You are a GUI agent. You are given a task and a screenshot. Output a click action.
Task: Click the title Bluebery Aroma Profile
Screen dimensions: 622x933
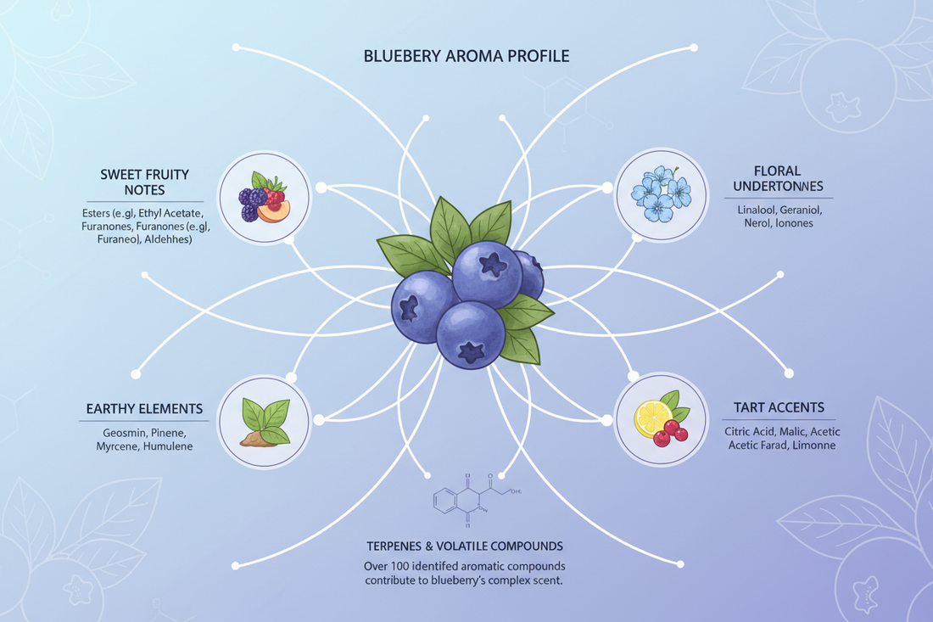(x=466, y=57)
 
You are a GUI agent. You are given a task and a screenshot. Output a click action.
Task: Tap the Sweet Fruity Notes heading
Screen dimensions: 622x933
(x=143, y=182)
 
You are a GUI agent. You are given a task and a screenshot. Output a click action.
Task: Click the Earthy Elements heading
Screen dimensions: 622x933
(x=144, y=409)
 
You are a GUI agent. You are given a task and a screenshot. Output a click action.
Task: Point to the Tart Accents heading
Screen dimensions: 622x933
(x=779, y=407)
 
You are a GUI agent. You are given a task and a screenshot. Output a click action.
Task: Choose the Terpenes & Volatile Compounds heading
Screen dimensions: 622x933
(x=465, y=545)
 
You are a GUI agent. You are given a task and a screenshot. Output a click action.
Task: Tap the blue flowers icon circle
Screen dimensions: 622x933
(x=661, y=192)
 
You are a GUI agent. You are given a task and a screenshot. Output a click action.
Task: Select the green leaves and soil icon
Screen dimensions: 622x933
(x=264, y=421)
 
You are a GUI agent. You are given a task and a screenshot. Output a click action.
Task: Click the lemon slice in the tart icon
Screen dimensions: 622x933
(x=652, y=417)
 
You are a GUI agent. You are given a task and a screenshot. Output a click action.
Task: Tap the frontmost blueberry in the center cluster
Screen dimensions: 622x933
(x=470, y=333)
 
